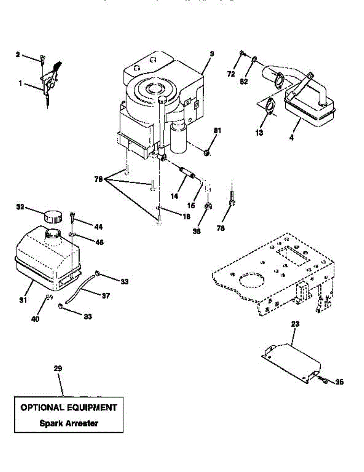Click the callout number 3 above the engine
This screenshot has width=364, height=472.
(211, 53)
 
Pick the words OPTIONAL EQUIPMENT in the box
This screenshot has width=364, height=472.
(68, 407)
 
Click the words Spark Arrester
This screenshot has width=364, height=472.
(68, 424)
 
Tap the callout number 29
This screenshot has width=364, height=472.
(58, 369)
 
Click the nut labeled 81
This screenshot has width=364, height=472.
(207, 152)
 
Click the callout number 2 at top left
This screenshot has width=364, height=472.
(17, 55)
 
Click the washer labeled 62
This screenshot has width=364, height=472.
(255, 59)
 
